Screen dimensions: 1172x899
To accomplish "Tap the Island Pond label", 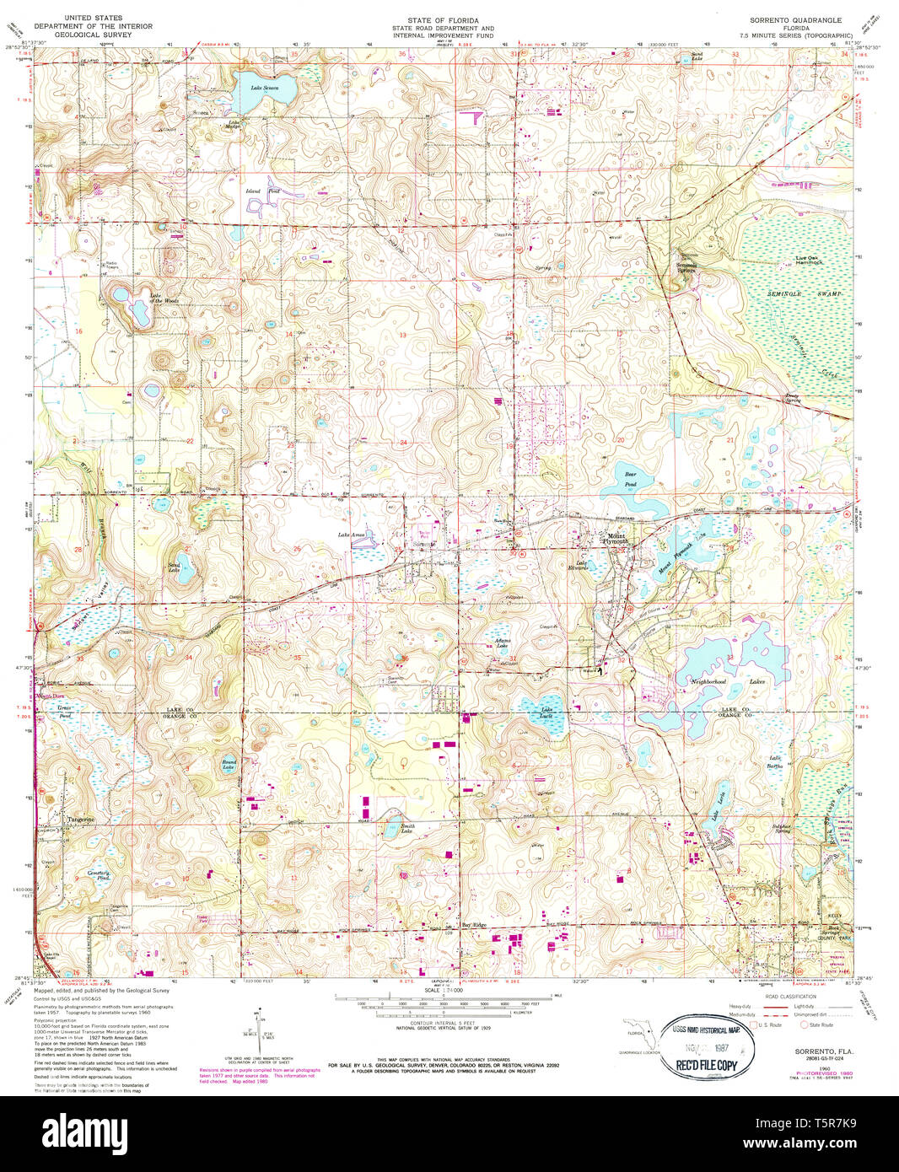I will coord(253,191).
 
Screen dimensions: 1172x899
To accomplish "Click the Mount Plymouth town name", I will coord(618,538).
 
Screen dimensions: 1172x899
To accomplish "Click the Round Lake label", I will coord(229,764).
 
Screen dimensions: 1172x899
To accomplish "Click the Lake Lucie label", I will coord(546,710).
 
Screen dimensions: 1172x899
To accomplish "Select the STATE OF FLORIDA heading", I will coord(443,19).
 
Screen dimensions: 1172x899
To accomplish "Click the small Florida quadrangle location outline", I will coord(645,1036).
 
